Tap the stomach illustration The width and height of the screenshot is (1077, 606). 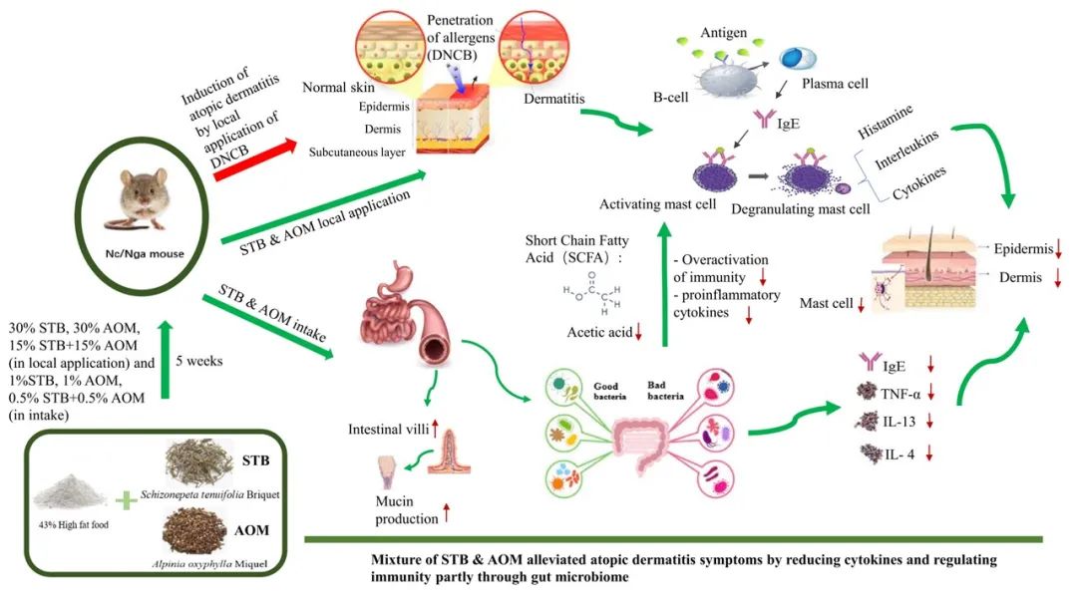pos(383,288)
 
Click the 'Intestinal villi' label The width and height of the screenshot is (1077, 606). pos(383,430)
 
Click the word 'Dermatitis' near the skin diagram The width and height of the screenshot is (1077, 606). pos(553,97)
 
